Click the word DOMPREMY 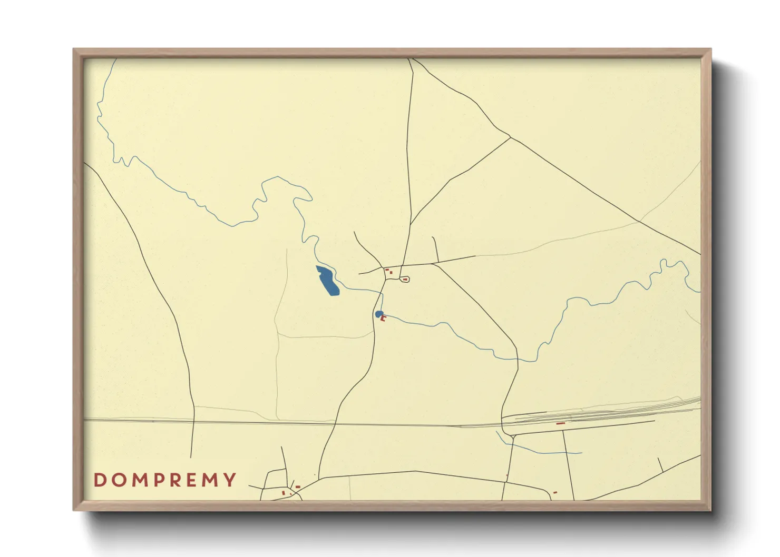(165, 480)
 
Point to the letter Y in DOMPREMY (230, 480)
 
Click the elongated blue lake (327, 281)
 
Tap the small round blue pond (378, 314)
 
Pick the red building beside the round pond (384, 318)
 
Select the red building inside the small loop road (405, 280)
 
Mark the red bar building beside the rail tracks (560, 423)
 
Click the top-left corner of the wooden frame (74, 50)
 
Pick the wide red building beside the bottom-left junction (298, 487)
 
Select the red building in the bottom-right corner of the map (555, 493)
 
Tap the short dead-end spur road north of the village (435, 249)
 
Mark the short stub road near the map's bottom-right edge (660, 464)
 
